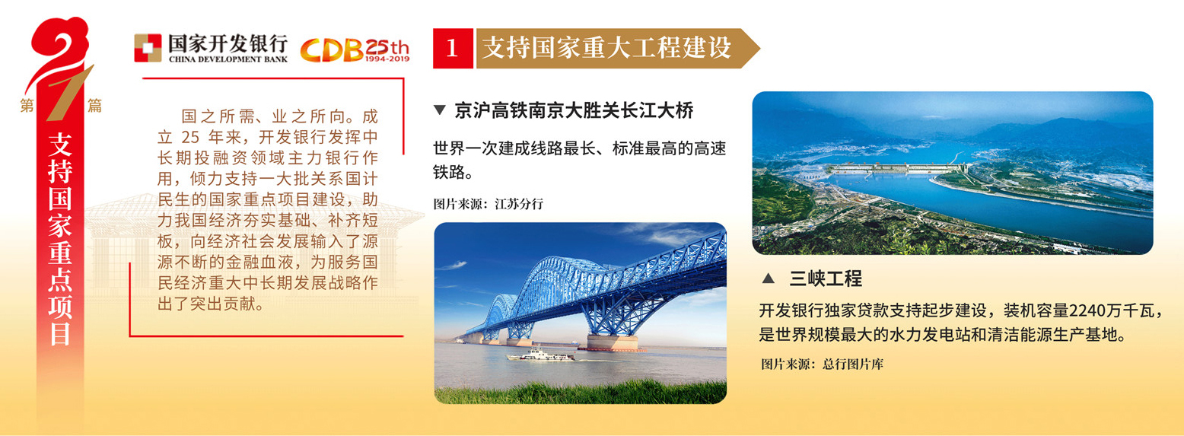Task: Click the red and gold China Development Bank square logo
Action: (148, 48)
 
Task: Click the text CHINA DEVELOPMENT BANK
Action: (228, 59)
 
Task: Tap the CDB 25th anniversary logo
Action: (355, 49)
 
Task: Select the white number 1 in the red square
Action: (452, 48)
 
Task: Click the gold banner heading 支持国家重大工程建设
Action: (606, 48)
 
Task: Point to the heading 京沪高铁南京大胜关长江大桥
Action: (574, 110)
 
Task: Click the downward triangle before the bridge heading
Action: (439, 110)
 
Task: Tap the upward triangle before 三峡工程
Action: (769, 278)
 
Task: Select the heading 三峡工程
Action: (826, 278)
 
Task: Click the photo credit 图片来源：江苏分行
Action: (488, 204)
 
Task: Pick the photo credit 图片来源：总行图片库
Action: (822, 364)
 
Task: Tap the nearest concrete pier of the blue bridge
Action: (613, 342)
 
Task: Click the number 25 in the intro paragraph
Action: (190, 137)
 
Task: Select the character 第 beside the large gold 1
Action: (27, 105)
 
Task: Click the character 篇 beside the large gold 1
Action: (94, 105)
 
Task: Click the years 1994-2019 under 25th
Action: (387, 59)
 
